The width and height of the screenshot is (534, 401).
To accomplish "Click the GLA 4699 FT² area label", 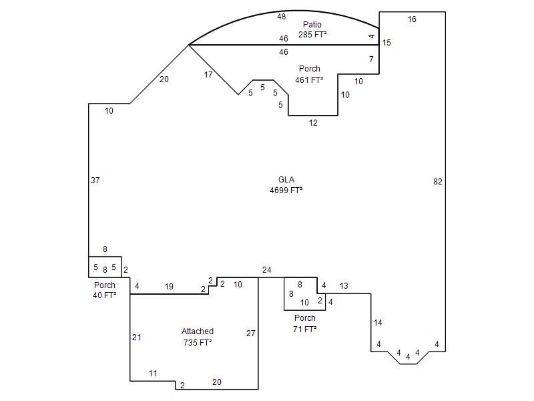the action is [286, 185].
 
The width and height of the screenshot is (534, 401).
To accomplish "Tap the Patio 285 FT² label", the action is [312, 29].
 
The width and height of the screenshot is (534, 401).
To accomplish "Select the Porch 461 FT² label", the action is [309, 74].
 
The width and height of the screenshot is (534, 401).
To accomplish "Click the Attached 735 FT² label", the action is [198, 337].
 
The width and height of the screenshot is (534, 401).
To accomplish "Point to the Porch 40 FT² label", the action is [105, 290].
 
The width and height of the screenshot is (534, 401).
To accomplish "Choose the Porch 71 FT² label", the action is [305, 323].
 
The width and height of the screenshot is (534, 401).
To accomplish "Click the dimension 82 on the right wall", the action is [438, 182].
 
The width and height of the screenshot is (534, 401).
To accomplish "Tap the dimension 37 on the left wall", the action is [95, 180].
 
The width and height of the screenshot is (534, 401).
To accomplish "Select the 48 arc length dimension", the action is [281, 16].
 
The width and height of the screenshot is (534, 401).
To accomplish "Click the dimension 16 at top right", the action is [412, 19].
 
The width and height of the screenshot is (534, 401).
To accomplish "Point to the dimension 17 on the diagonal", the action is [208, 75].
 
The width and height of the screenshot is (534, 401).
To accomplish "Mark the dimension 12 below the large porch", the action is [313, 123].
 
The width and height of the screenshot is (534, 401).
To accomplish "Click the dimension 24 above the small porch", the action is [266, 270].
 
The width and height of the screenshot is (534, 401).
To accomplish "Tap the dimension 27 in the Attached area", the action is [251, 333].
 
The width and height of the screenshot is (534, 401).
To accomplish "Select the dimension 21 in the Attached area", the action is [137, 338].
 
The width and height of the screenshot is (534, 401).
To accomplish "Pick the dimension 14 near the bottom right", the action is [378, 322].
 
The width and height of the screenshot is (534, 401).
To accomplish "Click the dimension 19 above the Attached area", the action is [169, 287].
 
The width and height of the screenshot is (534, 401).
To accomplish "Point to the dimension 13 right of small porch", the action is [344, 286].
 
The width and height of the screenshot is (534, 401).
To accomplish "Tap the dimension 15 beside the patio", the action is [386, 43].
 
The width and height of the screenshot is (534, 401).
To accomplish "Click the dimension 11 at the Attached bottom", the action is [153, 374].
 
